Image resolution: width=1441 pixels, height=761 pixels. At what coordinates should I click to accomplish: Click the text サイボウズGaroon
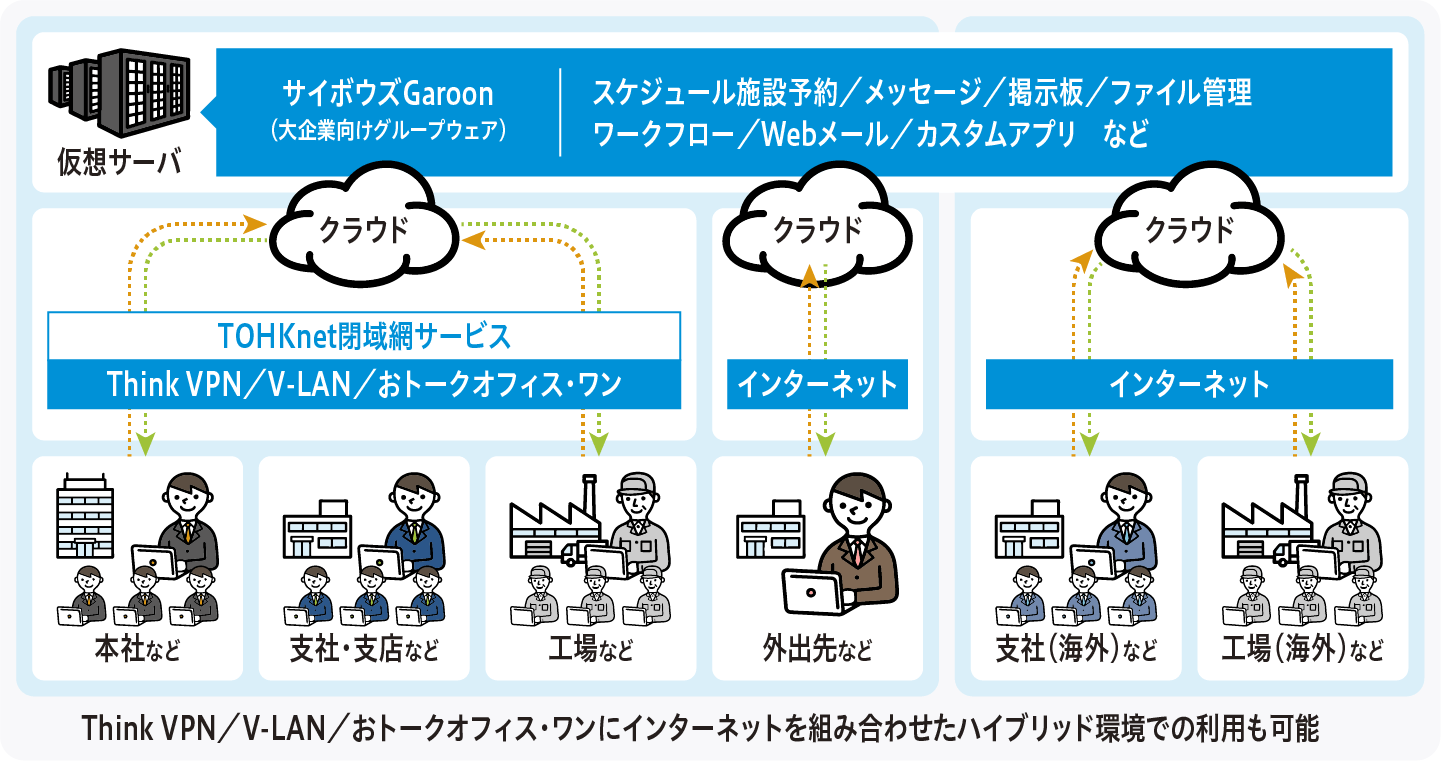click(389, 93)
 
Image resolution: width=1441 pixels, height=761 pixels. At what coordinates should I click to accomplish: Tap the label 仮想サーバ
click(119, 160)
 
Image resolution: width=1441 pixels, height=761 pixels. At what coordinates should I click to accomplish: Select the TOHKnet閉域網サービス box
click(364, 336)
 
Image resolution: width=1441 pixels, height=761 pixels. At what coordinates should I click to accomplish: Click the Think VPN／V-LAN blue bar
click(364, 384)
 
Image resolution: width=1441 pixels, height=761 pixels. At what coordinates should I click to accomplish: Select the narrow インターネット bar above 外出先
click(817, 384)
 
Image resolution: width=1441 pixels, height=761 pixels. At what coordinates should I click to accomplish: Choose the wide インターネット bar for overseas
click(1189, 384)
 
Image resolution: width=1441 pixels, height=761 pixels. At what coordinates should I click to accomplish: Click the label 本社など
click(138, 651)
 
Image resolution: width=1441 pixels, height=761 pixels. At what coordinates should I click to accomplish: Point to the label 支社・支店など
click(364, 651)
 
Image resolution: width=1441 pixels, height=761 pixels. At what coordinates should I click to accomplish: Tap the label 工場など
click(590, 651)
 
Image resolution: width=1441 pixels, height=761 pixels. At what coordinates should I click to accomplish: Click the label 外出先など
click(817, 651)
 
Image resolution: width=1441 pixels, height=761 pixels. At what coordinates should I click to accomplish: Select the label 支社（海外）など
click(1076, 651)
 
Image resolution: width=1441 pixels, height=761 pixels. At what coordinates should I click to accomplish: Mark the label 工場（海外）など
click(1302, 651)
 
